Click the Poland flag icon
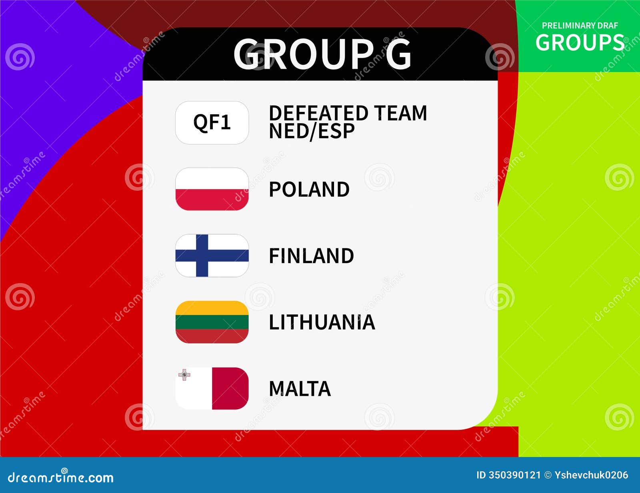[x=212, y=189]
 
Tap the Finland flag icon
[x=212, y=255]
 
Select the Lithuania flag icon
[x=212, y=322]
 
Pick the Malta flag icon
[x=212, y=388]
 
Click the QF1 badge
[x=212, y=122]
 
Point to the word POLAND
[x=309, y=189]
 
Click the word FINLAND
[x=311, y=256]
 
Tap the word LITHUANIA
[x=322, y=322]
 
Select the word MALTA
[x=300, y=389]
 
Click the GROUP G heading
[x=322, y=54]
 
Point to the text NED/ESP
[x=312, y=132]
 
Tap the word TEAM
[x=400, y=113]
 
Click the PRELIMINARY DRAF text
[x=580, y=26]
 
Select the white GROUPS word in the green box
[x=580, y=42]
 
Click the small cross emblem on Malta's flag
[x=184, y=375]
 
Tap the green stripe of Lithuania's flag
[x=212, y=322]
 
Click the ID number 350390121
[x=514, y=475]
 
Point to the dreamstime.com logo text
[x=61, y=477]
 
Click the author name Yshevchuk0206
[x=591, y=475]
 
